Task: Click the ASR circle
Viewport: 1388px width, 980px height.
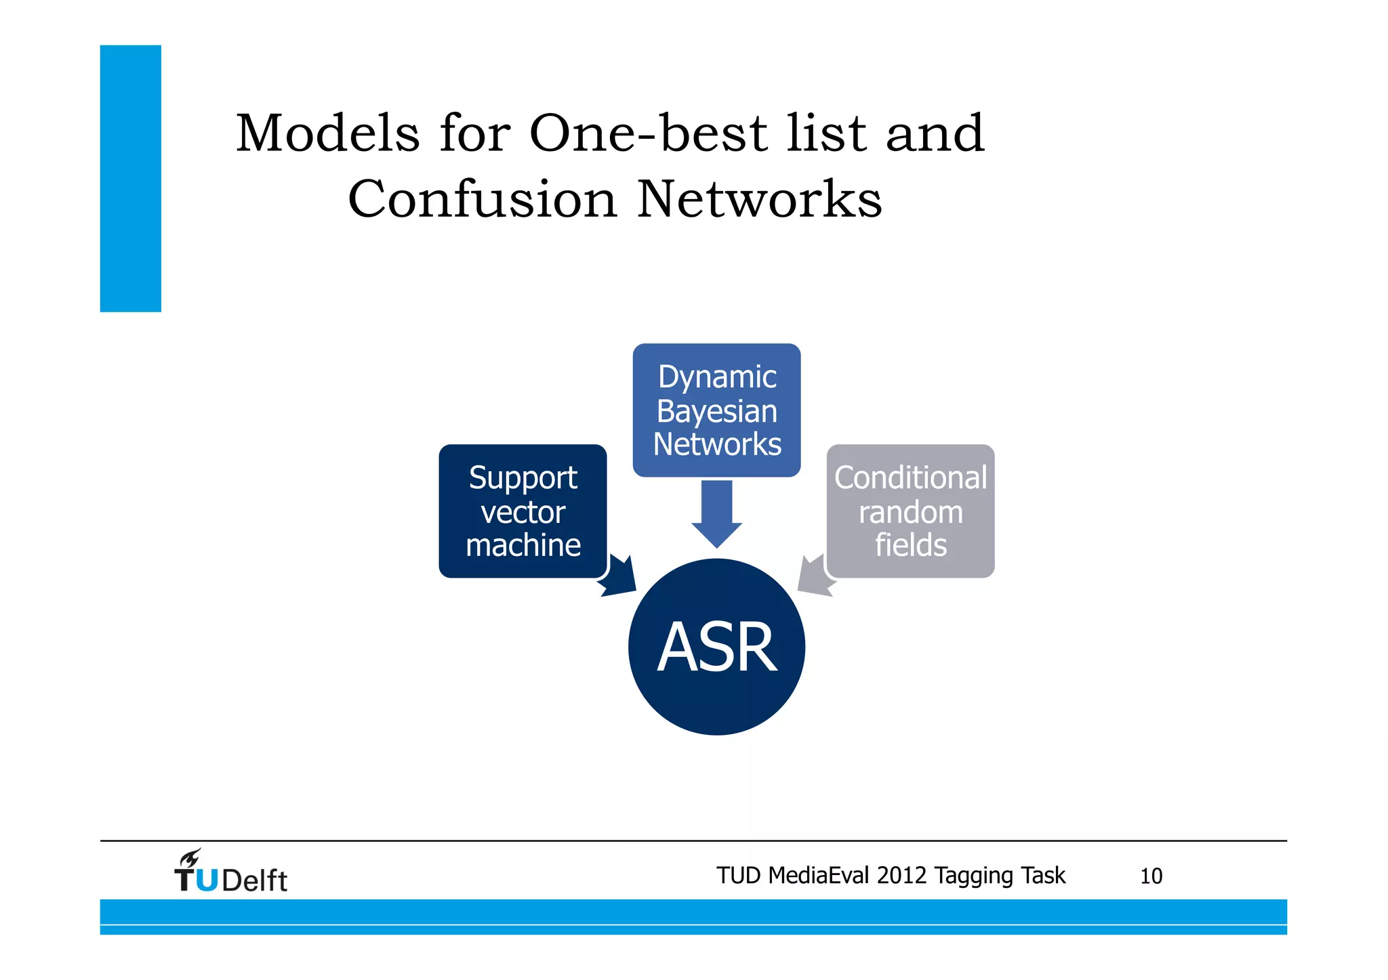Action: coord(716,647)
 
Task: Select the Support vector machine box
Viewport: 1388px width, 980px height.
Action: coord(523,511)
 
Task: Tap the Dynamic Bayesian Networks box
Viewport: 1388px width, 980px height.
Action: coord(716,410)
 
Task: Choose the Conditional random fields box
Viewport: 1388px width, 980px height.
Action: coord(910,511)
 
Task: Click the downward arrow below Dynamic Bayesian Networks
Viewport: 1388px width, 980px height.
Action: coord(716,513)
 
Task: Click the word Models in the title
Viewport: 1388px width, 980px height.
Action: coord(328,133)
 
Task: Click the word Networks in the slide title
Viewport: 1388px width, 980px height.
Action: coord(760,200)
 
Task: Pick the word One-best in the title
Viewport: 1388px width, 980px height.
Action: coord(648,133)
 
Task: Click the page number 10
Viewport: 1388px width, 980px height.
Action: coord(1151,876)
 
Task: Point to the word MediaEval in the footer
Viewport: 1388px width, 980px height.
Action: coord(819,876)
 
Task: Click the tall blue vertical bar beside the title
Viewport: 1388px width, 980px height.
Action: coord(131,179)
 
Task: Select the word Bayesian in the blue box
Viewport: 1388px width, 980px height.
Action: coord(716,411)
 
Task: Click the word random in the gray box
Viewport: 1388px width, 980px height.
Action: coord(910,513)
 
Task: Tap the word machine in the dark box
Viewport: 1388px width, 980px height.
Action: coord(523,545)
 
